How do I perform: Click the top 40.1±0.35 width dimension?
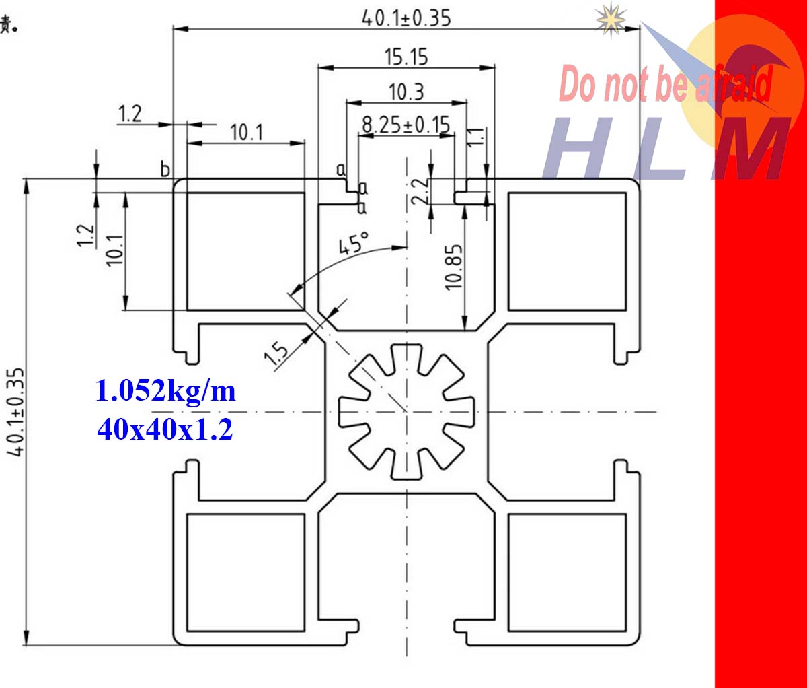point(406,17)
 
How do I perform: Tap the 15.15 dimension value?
point(406,57)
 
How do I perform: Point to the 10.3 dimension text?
point(406,92)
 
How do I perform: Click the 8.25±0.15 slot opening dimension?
point(406,125)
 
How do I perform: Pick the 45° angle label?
point(354,244)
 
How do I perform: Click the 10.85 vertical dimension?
point(455,267)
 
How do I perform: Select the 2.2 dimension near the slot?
point(419,191)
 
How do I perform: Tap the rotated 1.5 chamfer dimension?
point(276,353)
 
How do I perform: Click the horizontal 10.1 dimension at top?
point(247,132)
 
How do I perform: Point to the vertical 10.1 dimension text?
point(115,250)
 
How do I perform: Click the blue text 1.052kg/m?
point(165,390)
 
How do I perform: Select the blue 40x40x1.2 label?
point(165,429)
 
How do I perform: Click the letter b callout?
point(165,169)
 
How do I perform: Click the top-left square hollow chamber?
point(245,251)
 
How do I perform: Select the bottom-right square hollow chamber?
point(567,573)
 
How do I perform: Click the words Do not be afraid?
point(666,85)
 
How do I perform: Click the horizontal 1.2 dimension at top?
point(130,114)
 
